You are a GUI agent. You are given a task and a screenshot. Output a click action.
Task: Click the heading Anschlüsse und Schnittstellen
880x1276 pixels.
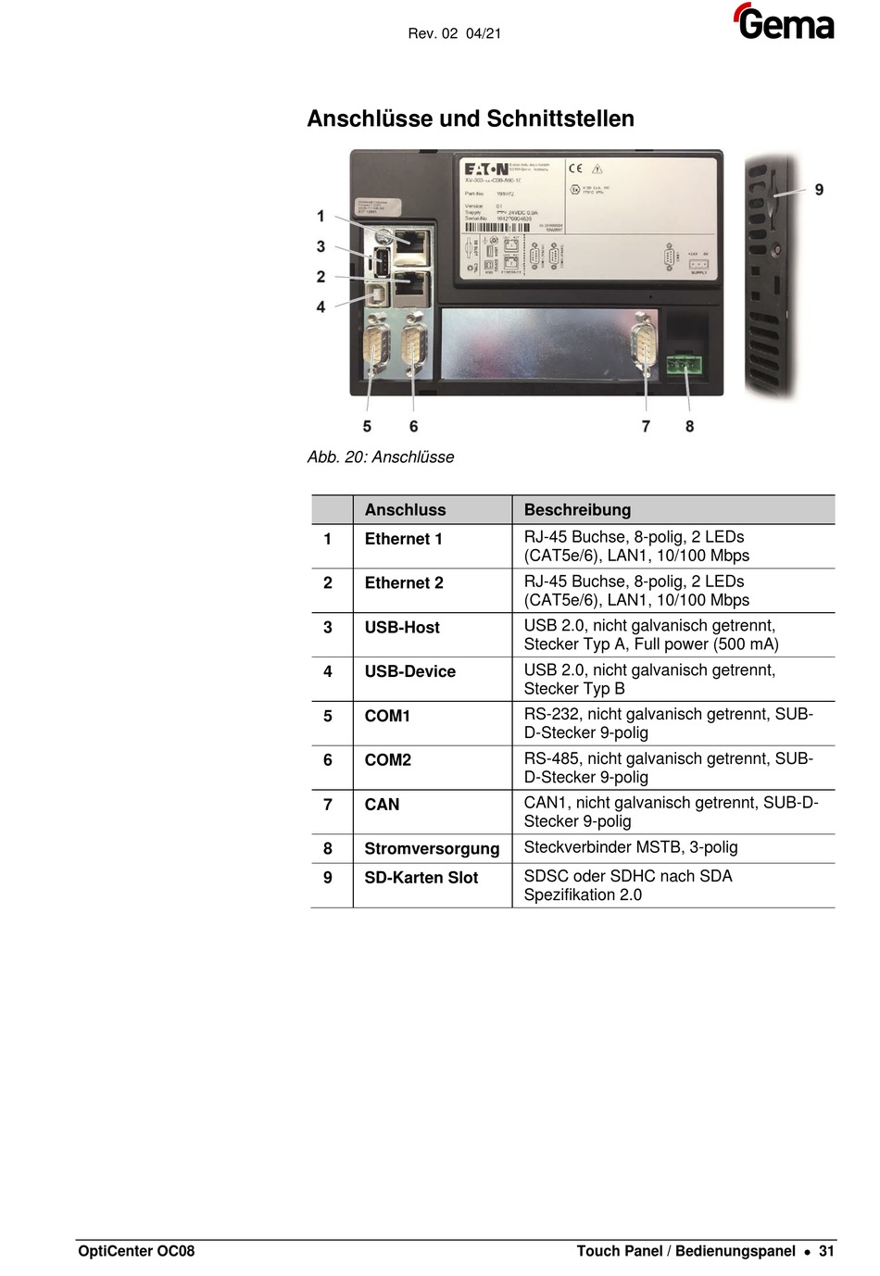[x=471, y=119]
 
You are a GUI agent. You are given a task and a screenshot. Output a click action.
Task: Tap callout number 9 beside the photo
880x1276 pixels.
[x=819, y=190]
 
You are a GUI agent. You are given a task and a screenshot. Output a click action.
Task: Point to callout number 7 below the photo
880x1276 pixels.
[x=646, y=426]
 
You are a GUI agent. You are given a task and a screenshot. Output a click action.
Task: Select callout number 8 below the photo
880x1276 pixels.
[x=689, y=426]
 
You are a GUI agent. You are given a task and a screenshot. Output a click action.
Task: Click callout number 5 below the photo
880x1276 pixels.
[x=367, y=426]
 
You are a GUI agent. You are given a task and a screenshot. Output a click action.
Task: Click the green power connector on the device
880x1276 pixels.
[x=684, y=364]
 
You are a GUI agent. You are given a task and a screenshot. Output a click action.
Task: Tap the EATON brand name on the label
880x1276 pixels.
[x=486, y=169]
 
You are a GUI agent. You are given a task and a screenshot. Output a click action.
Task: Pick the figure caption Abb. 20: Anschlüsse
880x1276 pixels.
[x=381, y=457]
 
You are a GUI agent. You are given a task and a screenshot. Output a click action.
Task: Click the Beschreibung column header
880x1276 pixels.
[x=577, y=509]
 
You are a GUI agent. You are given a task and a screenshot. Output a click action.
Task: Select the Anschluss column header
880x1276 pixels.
[x=405, y=509]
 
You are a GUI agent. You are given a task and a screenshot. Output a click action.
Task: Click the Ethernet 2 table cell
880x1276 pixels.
[x=404, y=582]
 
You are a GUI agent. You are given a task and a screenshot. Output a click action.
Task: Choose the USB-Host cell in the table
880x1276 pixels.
[x=402, y=627]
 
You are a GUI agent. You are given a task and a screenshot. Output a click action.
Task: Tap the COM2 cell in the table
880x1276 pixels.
[x=388, y=760]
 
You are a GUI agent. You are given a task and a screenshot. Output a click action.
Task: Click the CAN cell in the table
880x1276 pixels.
[x=382, y=805]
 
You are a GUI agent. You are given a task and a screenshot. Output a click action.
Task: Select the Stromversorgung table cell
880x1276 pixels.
[x=432, y=848]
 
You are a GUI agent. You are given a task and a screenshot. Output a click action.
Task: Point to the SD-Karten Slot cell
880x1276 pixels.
[x=421, y=878]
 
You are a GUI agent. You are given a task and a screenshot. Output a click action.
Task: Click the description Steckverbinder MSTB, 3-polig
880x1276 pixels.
[x=631, y=847]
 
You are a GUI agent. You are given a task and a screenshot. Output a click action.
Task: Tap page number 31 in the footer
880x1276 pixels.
[x=826, y=1251]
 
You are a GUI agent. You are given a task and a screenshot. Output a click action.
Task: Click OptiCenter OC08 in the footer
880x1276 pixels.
[x=136, y=1251]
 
